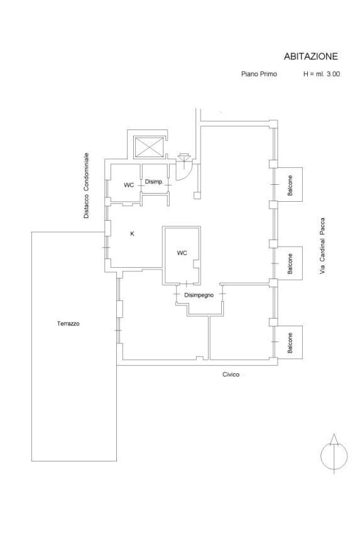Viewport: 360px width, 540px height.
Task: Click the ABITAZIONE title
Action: [310, 57]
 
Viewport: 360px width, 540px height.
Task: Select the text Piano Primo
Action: [259, 74]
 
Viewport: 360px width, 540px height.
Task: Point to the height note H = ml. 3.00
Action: [322, 74]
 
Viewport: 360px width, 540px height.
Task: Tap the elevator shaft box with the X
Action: [149, 147]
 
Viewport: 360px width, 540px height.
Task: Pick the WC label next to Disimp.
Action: [129, 185]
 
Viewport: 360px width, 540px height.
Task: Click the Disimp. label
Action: [153, 182]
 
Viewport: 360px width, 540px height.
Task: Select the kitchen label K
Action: [132, 234]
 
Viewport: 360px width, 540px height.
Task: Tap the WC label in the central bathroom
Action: [182, 253]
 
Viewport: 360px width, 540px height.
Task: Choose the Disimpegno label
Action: [199, 295]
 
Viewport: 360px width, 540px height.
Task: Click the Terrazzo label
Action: [68, 324]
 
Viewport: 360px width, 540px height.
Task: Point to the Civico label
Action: [231, 375]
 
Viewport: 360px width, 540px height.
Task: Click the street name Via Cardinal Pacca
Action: [322, 246]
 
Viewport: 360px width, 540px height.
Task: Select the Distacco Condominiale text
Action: [86, 186]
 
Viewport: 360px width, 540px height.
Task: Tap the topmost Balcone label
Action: [290, 185]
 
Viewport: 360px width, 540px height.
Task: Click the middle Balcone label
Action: [290, 264]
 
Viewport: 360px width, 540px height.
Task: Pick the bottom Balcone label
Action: [290, 343]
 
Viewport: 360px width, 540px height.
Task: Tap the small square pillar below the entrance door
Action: [197, 196]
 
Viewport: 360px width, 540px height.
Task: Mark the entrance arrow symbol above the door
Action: [185, 157]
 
